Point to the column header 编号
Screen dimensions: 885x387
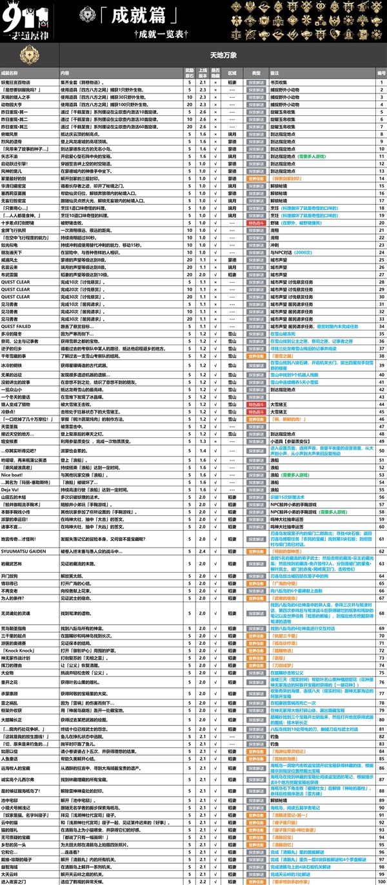381,73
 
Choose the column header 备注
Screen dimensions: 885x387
275,73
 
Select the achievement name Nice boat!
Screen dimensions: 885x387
14,475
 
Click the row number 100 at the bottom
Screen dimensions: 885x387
381,880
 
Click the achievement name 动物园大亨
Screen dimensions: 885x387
14,104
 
